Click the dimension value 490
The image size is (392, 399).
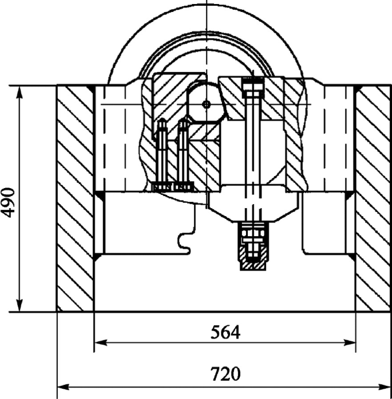click(9, 202)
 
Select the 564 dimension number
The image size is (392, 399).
click(225, 332)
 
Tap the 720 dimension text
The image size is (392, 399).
click(225, 374)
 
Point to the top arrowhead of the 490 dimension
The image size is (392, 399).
click(19, 93)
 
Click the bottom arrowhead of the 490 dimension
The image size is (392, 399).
click(19, 305)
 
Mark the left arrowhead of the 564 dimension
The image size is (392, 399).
click(101, 342)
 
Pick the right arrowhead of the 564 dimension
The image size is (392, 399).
click(349, 342)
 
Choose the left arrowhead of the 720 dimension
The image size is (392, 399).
click(64, 388)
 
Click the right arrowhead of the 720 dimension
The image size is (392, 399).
click(384, 388)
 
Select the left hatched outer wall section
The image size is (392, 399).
click(76, 198)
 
